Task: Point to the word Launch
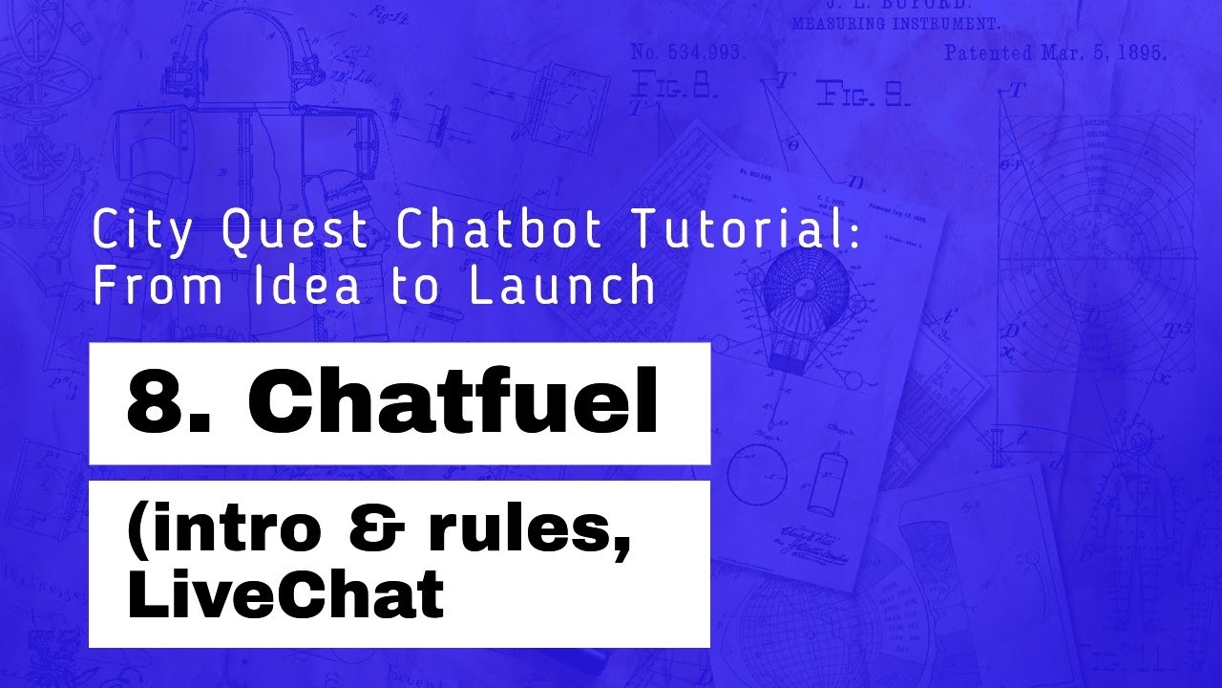(562, 287)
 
